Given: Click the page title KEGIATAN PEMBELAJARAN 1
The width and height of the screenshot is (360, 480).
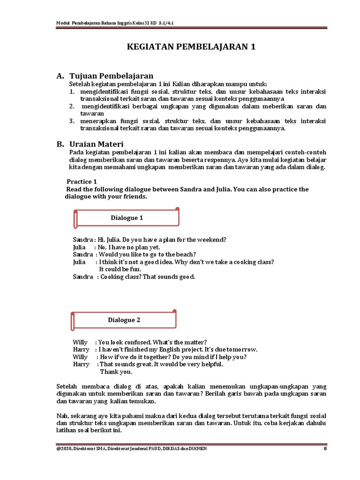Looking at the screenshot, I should click(192, 47).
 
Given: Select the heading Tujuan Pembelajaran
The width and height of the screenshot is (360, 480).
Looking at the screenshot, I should click(111, 76).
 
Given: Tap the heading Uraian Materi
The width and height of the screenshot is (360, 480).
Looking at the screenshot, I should click(96, 144).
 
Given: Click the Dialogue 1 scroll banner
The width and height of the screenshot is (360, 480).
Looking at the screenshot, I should click(127, 217).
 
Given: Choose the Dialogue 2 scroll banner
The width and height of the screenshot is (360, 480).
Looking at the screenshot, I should click(124, 320).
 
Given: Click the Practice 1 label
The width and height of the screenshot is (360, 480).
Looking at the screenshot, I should click(82, 181).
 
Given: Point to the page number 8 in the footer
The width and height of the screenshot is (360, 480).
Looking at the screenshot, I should click(325, 449).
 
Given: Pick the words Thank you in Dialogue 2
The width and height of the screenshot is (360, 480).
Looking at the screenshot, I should click(116, 372).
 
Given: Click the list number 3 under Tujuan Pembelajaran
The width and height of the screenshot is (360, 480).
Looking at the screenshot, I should click(72, 120).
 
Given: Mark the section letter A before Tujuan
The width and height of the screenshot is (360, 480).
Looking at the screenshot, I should click(59, 76).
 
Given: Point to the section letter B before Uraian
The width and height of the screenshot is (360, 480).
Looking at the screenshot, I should click(59, 144).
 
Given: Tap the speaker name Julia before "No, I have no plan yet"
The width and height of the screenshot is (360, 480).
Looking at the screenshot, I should click(80, 247).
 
